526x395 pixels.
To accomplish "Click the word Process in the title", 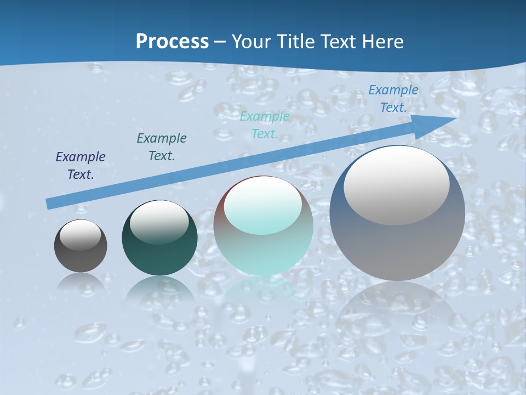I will [172, 41].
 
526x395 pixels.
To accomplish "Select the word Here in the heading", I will [383, 41].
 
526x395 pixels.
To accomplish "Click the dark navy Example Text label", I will [81, 166].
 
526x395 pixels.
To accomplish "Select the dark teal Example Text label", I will [162, 147].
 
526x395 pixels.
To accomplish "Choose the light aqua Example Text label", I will [265, 125].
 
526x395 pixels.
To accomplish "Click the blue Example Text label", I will [393, 99].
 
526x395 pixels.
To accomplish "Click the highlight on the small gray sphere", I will [80, 235].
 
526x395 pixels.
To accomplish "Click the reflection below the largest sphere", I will [397, 307].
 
